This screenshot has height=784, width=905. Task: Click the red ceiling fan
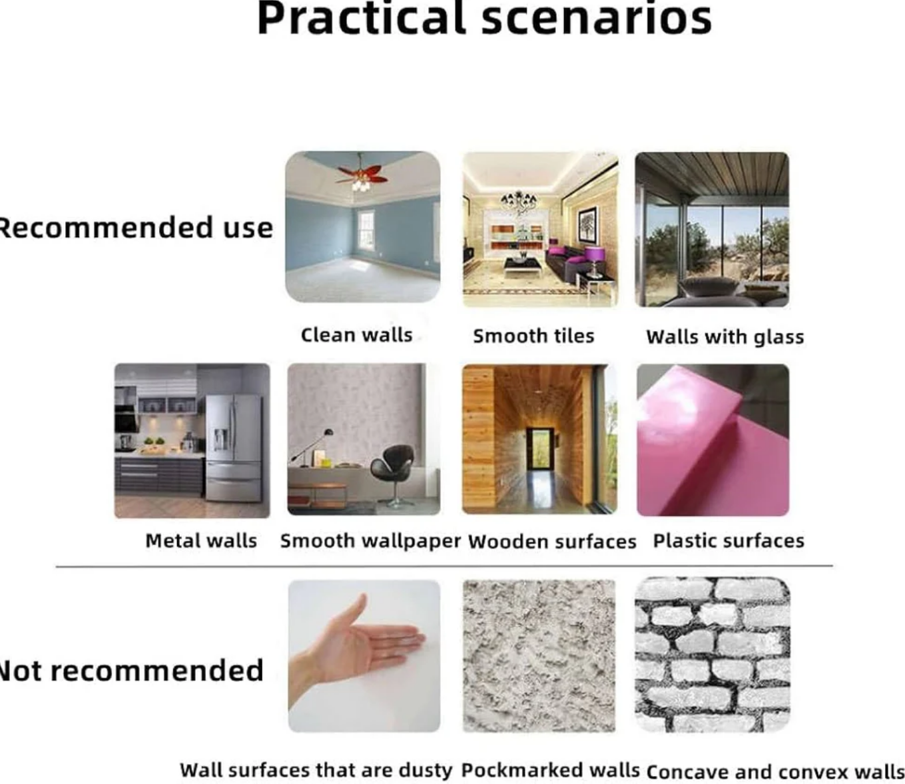pos(362,175)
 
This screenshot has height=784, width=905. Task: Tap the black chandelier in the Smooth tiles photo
pos(519,201)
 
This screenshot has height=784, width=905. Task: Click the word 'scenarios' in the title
pos(596,19)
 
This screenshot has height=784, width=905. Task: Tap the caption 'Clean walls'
pos(356,335)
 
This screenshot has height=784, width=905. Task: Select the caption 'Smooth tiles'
pos(533,336)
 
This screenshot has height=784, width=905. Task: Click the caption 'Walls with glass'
pos(725,337)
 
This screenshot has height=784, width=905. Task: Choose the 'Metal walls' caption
pos(201,540)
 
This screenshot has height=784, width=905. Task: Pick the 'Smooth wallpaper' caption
pos(370,542)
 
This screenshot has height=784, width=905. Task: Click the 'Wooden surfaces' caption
pos(552,542)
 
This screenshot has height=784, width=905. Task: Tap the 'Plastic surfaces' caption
pos(729,540)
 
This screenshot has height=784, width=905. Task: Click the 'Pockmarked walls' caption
pos(550,757)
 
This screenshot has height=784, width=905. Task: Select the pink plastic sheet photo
pos(713,440)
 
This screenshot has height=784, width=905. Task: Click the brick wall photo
pos(713,655)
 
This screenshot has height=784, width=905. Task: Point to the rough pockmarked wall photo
pos(539,655)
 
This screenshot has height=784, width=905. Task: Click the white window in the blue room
pos(366,230)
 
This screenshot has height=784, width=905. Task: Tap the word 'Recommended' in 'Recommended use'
pos(105,228)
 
